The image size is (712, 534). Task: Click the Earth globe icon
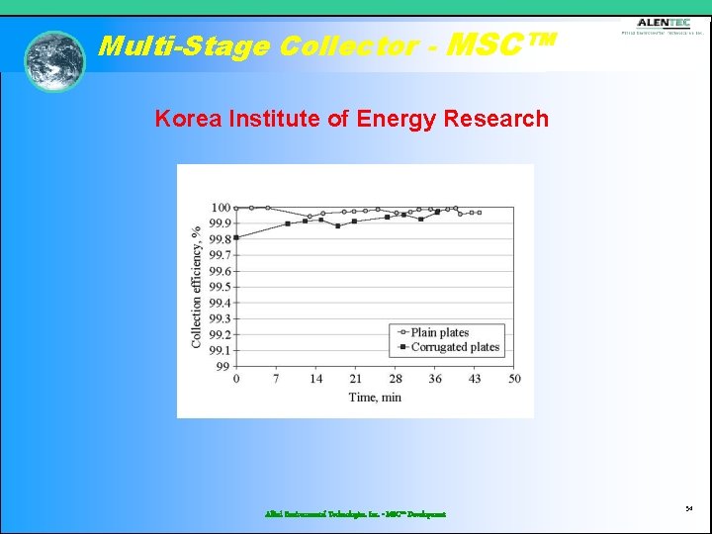(x=55, y=61)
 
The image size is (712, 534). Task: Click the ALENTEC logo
(x=663, y=27)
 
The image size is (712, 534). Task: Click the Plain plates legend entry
(x=439, y=333)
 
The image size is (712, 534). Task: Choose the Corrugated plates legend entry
(x=455, y=348)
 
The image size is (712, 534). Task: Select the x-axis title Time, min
(x=375, y=398)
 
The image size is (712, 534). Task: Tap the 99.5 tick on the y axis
(x=220, y=287)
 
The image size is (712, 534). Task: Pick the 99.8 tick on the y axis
(x=220, y=239)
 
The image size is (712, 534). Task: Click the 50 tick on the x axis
(x=514, y=379)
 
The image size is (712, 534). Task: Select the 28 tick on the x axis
(x=396, y=379)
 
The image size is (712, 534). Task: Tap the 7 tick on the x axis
(x=276, y=379)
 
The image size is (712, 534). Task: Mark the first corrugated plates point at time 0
(x=236, y=237)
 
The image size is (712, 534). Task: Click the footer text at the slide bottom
(x=355, y=514)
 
